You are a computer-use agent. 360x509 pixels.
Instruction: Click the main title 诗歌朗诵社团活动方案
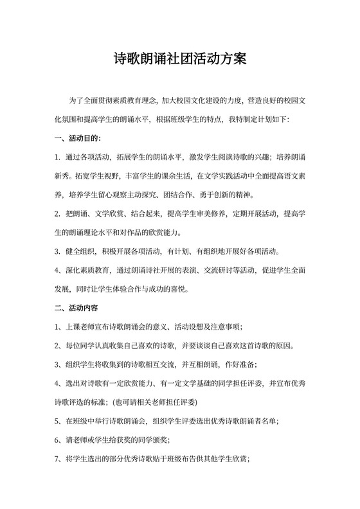pyautogui.click(x=179, y=60)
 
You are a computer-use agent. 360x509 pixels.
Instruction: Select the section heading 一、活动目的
pyautogui.click(x=77, y=138)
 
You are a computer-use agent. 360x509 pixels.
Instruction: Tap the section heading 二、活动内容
pyautogui.click(x=77, y=307)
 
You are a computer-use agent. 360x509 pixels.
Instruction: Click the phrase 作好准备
pyautogui.click(x=239, y=364)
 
